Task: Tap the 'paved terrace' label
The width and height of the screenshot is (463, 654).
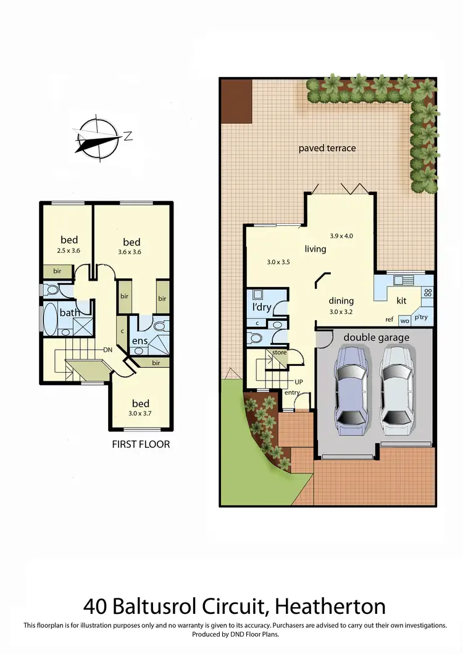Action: tap(327, 148)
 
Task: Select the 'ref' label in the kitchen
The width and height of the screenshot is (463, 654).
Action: tap(390, 320)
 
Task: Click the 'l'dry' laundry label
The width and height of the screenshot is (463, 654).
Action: tap(262, 307)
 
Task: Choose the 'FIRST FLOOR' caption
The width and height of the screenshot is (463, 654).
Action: tap(141, 444)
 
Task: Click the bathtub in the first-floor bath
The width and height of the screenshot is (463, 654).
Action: tap(49, 318)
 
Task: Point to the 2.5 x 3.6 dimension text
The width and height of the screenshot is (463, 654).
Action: tap(69, 250)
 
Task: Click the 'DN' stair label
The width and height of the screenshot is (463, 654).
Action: tap(107, 350)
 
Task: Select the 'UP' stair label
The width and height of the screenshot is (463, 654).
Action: tap(299, 382)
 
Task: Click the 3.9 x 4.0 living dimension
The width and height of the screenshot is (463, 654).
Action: tap(341, 236)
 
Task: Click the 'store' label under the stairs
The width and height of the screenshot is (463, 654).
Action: tap(280, 353)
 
